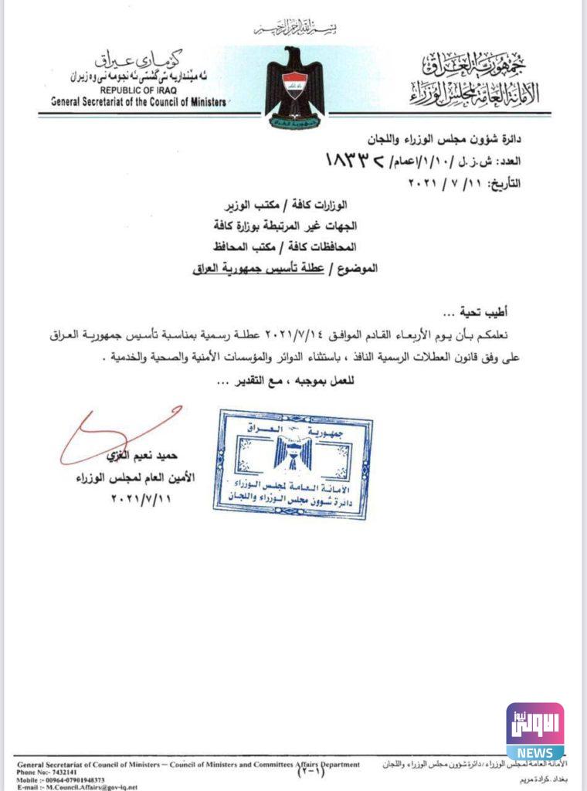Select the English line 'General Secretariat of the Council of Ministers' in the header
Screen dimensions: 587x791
point(138,101)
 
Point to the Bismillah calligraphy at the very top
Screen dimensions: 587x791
point(298,29)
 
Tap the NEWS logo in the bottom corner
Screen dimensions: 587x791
point(534,731)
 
